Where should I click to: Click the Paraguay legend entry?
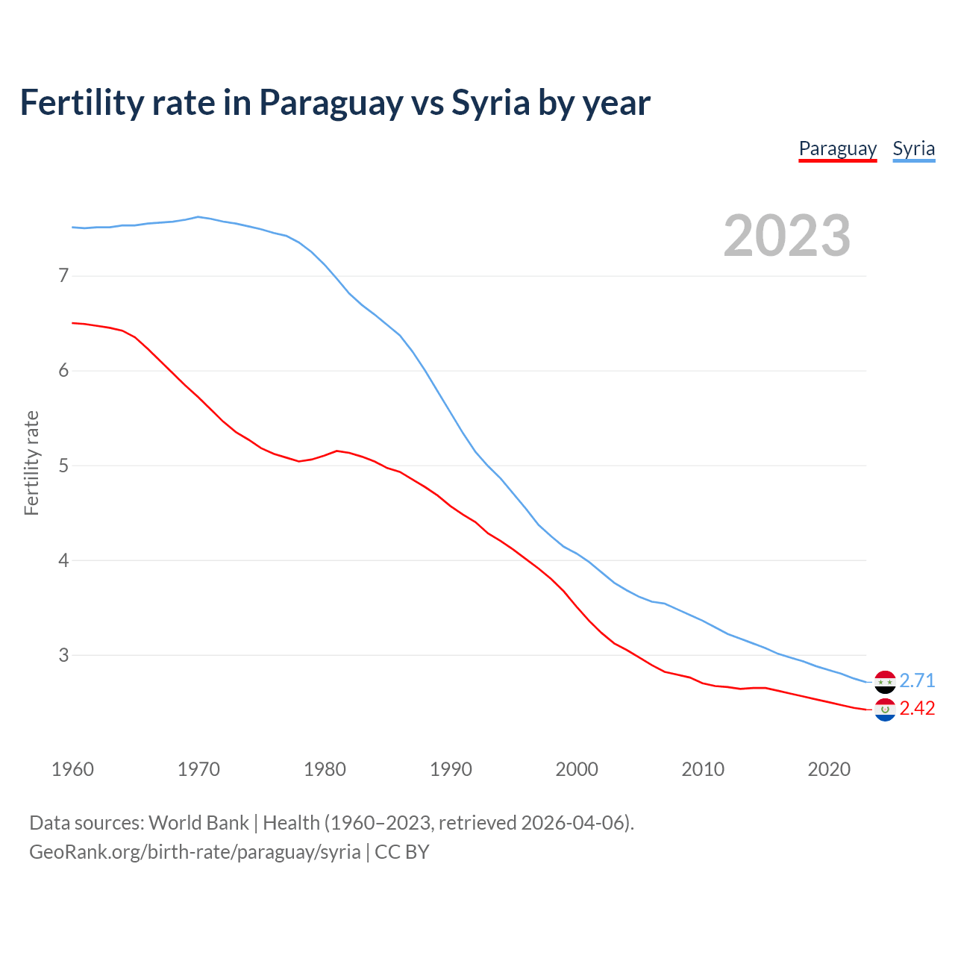[x=837, y=148]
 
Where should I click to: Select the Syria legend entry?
[x=913, y=148]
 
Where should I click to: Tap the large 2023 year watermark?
[x=787, y=236]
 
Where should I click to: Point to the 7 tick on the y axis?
[x=63, y=276]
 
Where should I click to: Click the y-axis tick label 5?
[x=63, y=466]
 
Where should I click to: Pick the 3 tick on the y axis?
[x=63, y=655]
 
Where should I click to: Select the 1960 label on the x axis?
[x=72, y=769]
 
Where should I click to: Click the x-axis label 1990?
[x=451, y=769]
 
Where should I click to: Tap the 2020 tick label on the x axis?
[x=829, y=769]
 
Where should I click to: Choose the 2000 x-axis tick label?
[x=577, y=769]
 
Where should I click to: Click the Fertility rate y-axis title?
[x=31, y=463]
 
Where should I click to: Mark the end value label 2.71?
[x=917, y=680]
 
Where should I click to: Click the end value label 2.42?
[x=917, y=708]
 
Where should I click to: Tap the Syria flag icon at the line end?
[x=885, y=681]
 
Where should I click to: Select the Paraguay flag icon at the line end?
[x=885, y=710]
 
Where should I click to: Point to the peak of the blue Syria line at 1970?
[x=198, y=217]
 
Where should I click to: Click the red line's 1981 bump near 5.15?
[x=337, y=451]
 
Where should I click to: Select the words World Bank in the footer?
[x=198, y=823]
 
